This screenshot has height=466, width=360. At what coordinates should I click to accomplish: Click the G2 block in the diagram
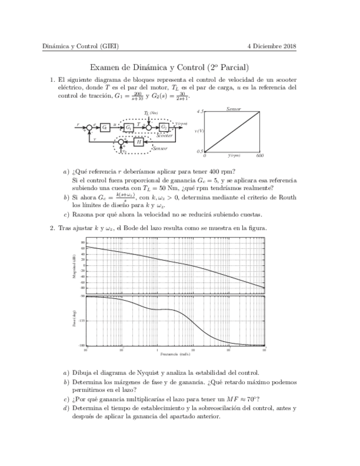[x=164, y=127]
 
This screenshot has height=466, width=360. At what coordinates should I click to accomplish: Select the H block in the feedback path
[x=139, y=142]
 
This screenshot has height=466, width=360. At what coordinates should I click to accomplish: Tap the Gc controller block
[x=105, y=127]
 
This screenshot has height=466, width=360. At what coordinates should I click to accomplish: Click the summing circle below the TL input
[x=148, y=127]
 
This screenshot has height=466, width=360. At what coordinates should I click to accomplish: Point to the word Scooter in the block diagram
[x=164, y=135]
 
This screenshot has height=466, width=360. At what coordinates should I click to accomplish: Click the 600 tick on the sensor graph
[x=260, y=156]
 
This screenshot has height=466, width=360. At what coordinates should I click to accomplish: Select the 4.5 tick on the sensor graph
[x=200, y=112]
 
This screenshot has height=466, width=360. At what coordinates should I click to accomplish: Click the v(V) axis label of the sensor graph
[x=200, y=131]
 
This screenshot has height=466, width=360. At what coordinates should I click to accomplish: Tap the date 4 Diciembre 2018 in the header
[x=272, y=46]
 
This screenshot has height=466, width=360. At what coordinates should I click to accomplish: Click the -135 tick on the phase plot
[x=81, y=320]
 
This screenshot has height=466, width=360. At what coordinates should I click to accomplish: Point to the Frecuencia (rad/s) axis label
[x=175, y=354]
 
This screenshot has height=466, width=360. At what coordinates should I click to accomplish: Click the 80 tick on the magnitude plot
[x=83, y=243]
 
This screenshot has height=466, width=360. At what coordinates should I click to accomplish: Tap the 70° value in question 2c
[x=253, y=399]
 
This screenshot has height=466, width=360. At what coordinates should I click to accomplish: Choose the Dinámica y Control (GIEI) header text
[x=81, y=46]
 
